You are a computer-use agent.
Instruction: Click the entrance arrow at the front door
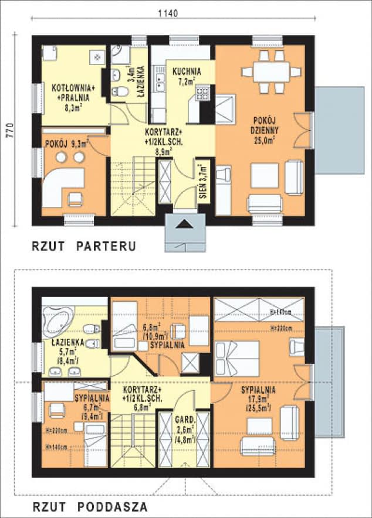click(x=185, y=224)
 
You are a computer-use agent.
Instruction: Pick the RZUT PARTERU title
click(x=84, y=247)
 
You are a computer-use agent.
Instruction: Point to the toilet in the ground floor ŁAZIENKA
click(x=120, y=92)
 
